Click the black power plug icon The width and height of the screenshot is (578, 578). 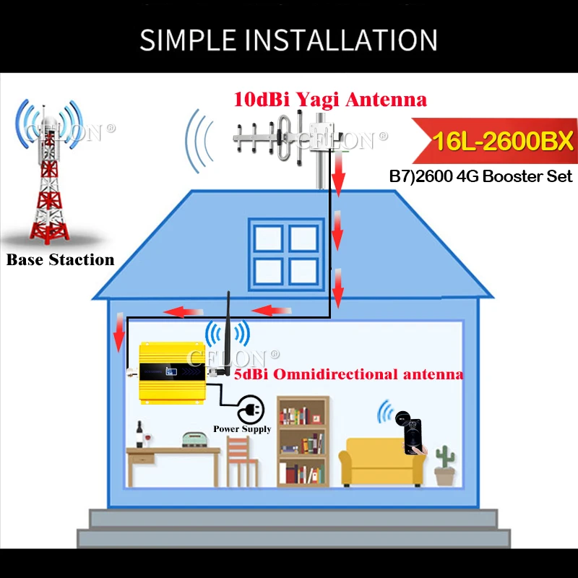point(250,410)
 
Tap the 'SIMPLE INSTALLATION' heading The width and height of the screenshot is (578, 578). point(288,39)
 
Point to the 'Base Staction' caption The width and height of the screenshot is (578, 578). point(61,260)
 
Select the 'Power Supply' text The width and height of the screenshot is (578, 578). point(242,429)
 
